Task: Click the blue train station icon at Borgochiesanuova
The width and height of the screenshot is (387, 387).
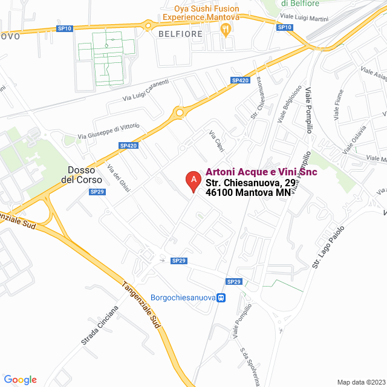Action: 222,298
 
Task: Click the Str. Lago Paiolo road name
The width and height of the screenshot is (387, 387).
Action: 329,247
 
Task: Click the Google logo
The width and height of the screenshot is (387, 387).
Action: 20,380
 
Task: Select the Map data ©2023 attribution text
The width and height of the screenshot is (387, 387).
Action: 360,382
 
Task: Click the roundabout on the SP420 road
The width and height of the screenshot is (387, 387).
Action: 179,112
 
